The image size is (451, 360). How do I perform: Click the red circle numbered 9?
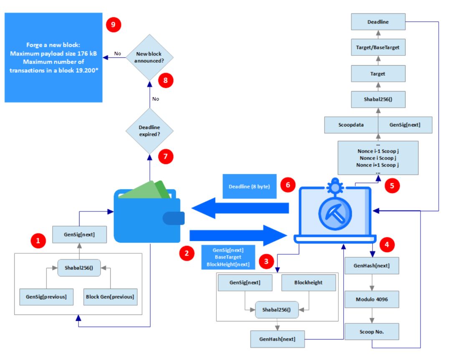(113, 25)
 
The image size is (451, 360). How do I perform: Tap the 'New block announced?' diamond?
(149, 57)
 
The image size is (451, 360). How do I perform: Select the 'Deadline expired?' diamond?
(149, 130)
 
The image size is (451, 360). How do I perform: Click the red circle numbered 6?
(288, 185)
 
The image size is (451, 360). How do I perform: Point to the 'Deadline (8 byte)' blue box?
(249, 186)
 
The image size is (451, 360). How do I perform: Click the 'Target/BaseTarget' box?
(378, 48)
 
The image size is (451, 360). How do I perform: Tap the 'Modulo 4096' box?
(371, 299)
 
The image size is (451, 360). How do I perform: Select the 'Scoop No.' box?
(371, 331)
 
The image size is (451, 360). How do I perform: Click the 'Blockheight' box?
(308, 282)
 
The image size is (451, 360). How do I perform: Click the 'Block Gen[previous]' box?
(110, 297)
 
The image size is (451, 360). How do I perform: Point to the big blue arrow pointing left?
(240, 207)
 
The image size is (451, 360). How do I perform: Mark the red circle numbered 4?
(387, 244)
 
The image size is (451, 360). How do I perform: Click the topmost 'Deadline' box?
(378, 22)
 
